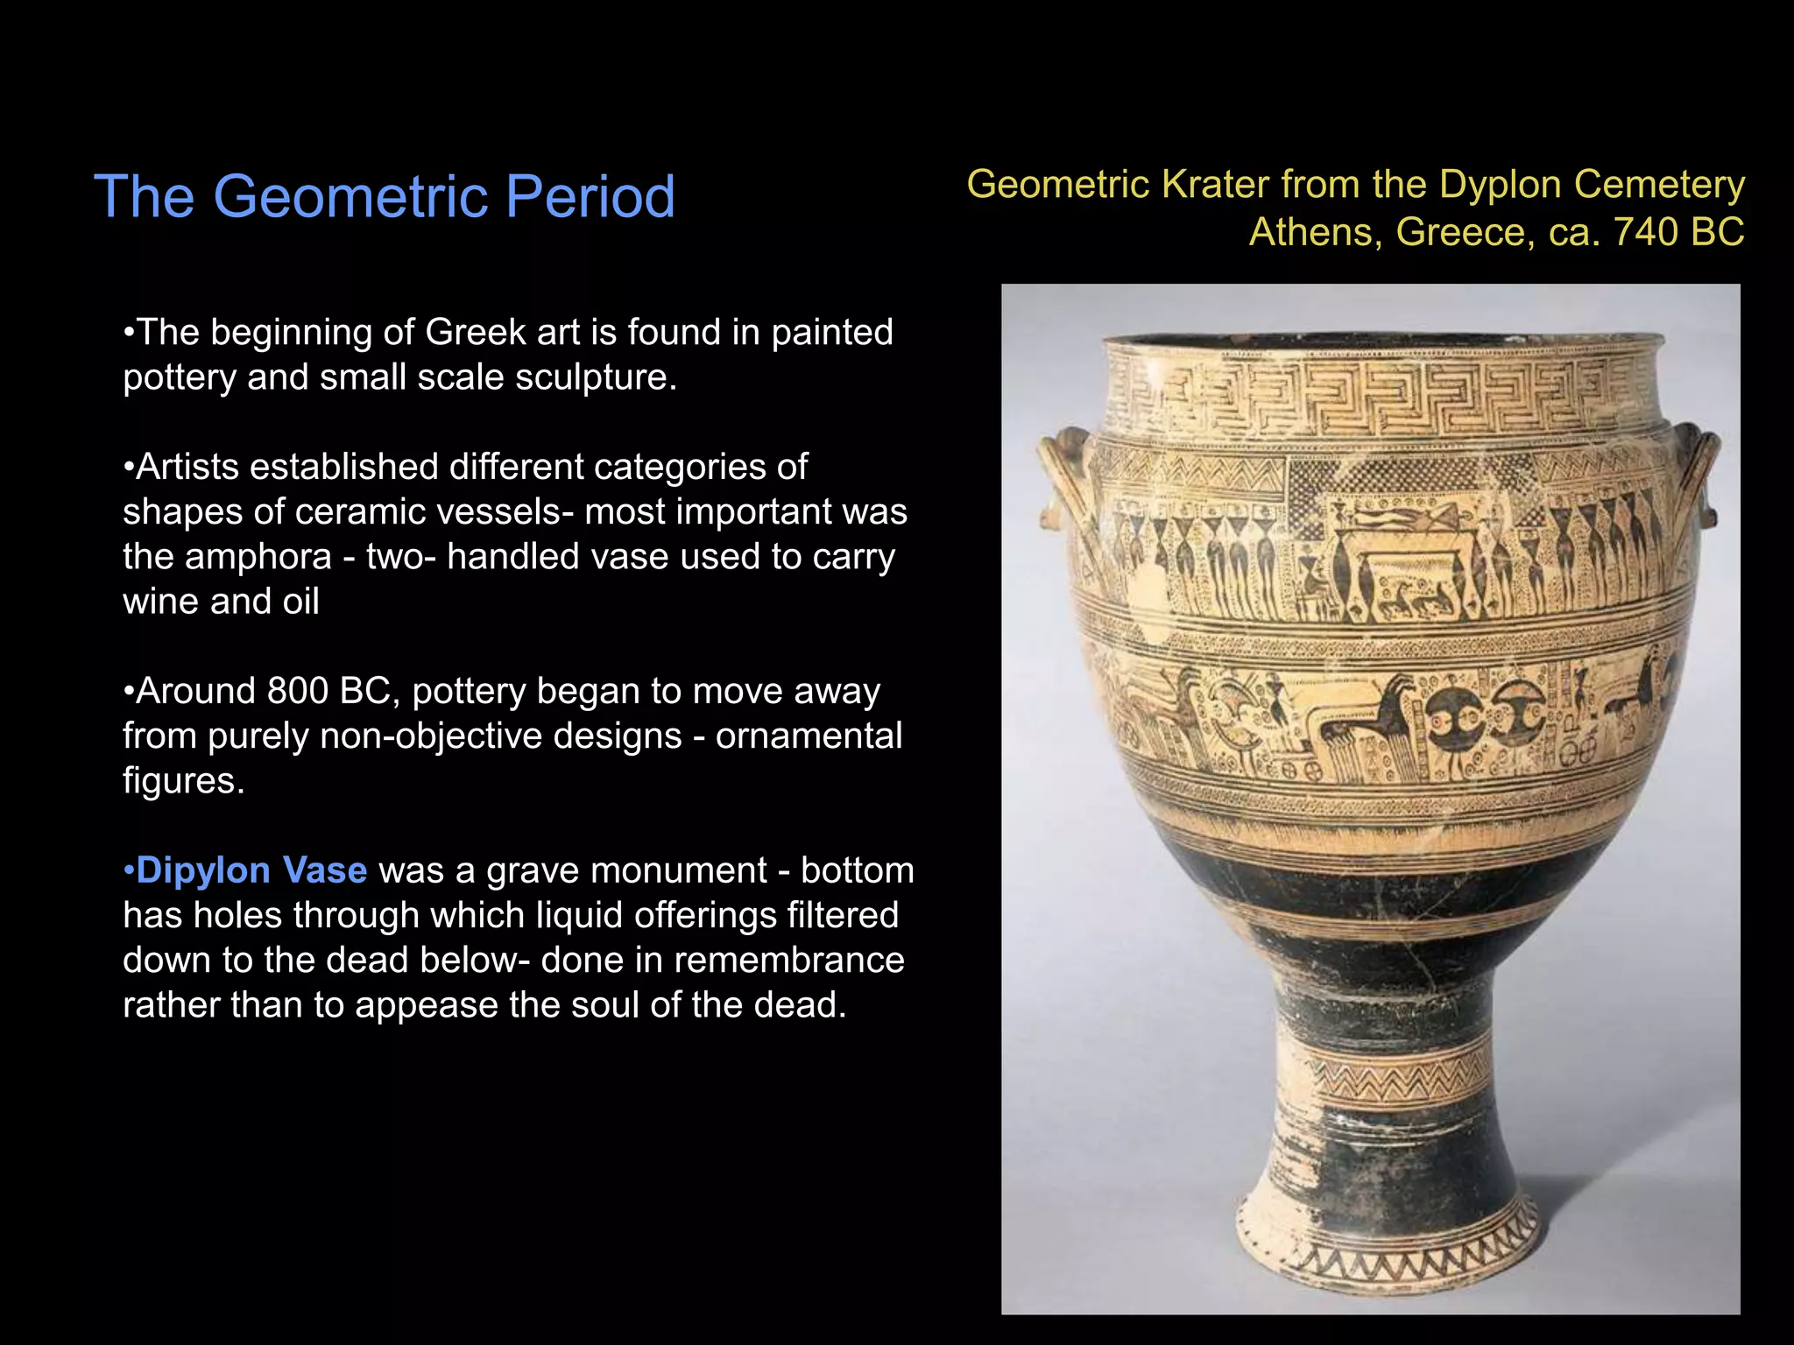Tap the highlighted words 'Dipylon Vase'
click(251, 870)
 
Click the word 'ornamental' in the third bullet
click(808, 736)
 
